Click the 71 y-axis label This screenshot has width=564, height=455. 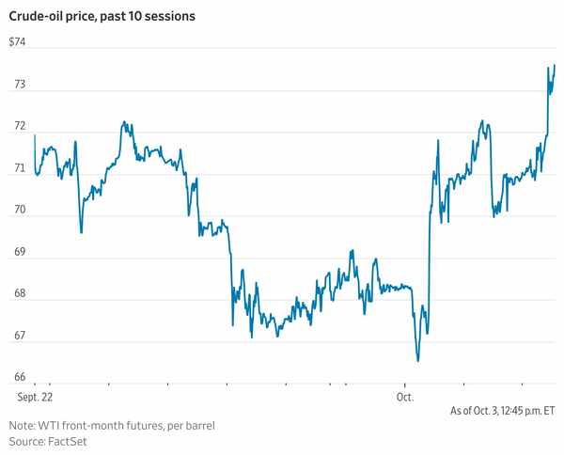[x=18, y=169]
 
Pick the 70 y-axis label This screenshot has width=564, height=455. [x=18, y=212]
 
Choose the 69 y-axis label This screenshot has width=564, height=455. [x=18, y=253]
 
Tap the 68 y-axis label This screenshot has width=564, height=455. [x=18, y=294]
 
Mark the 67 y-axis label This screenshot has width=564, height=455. [x=18, y=337]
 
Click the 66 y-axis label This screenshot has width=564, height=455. [x=18, y=378]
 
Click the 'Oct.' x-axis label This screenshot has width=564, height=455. [x=405, y=397]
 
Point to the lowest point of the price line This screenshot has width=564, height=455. [x=417, y=360]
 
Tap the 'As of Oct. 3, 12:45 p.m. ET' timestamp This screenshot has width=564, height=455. [x=503, y=411]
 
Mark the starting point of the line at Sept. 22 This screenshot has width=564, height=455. [x=35, y=137]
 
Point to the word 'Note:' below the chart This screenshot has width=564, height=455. [x=23, y=426]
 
